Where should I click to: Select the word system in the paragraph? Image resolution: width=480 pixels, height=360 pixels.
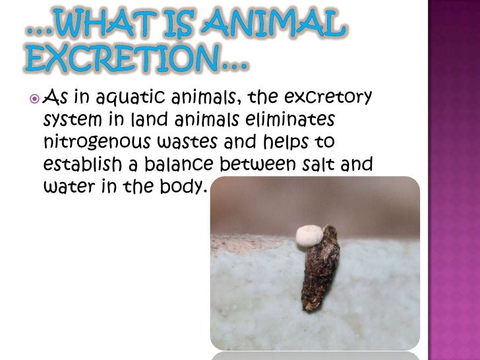pos(69,121)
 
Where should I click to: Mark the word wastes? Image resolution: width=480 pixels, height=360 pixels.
pos(180,141)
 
